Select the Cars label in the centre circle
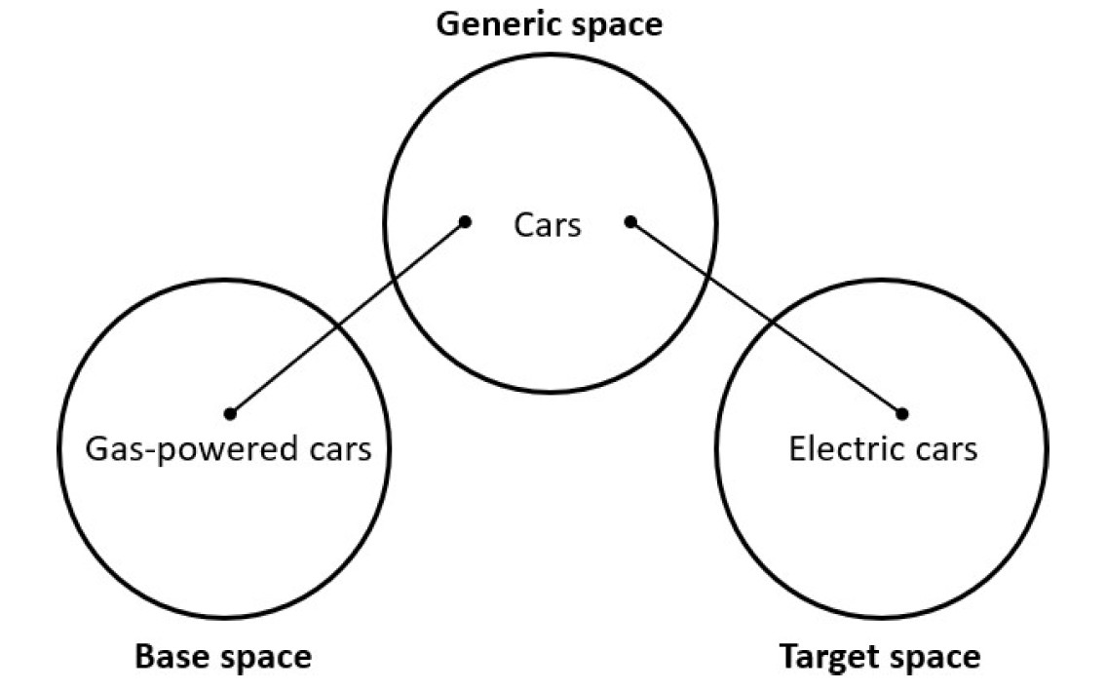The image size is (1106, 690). tap(548, 226)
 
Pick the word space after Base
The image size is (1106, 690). tap(263, 658)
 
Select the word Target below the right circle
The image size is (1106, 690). tap(826, 658)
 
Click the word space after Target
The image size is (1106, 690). tap(934, 658)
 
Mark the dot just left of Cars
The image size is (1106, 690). tap(466, 222)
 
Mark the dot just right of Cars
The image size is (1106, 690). tap(630, 222)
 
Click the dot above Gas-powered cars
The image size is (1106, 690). tap(230, 413)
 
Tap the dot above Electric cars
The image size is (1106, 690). tap(902, 413)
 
